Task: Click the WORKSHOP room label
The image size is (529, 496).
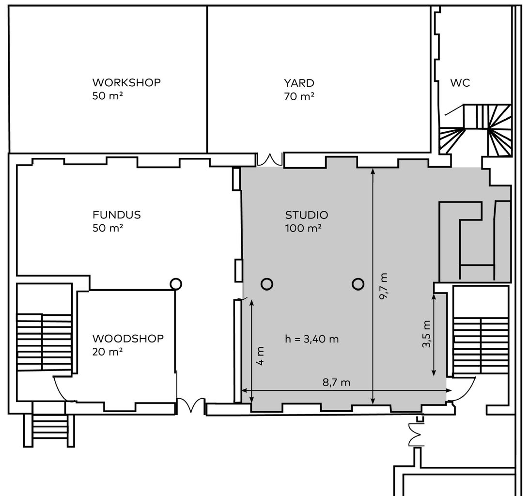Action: pyautogui.click(x=126, y=83)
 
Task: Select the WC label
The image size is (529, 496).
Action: pyautogui.click(x=460, y=83)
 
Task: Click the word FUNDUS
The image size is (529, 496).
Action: pyautogui.click(x=116, y=215)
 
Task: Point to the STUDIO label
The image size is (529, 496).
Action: pyautogui.click(x=307, y=215)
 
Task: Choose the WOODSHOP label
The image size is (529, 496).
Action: pyautogui.click(x=128, y=339)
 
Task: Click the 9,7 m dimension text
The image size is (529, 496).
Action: pyautogui.click(x=384, y=286)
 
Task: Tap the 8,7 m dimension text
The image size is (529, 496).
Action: pyautogui.click(x=336, y=382)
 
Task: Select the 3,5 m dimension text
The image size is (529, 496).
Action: pyautogui.click(x=426, y=334)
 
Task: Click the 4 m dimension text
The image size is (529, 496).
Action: pyautogui.click(x=261, y=356)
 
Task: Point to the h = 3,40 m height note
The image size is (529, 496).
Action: pyautogui.click(x=312, y=339)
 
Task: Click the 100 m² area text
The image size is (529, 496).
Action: pyautogui.click(x=303, y=229)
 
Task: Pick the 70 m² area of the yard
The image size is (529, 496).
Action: pyautogui.click(x=299, y=96)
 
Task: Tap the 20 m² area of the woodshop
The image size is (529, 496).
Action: pyautogui.click(x=107, y=352)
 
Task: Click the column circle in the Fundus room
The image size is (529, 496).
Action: pyautogui.click(x=176, y=284)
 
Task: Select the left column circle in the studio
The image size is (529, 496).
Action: pyautogui.click(x=267, y=284)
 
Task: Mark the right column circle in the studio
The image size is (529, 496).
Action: pyautogui.click(x=358, y=284)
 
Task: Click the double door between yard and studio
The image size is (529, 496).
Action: pyautogui.click(x=269, y=159)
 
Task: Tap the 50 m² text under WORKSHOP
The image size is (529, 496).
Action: pyautogui.click(x=107, y=96)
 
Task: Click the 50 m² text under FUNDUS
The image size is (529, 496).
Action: pyautogui.click(x=108, y=228)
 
